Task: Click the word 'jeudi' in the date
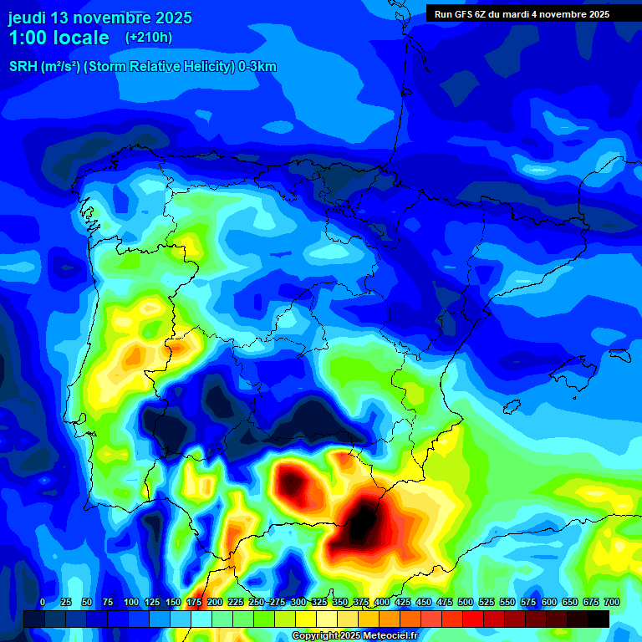[x=27, y=18]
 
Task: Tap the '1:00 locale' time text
[x=59, y=38]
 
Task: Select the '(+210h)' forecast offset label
[x=149, y=38]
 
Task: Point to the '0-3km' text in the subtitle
[x=257, y=67]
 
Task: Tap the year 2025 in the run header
[x=594, y=14]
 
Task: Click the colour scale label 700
[x=611, y=602]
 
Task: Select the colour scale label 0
[x=43, y=602]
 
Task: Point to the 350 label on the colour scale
[x=339, y=602]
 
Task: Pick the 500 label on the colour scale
[x=465, y=602]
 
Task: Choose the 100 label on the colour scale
[x=130, y=602]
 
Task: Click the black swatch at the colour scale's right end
[x=599, y=619]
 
